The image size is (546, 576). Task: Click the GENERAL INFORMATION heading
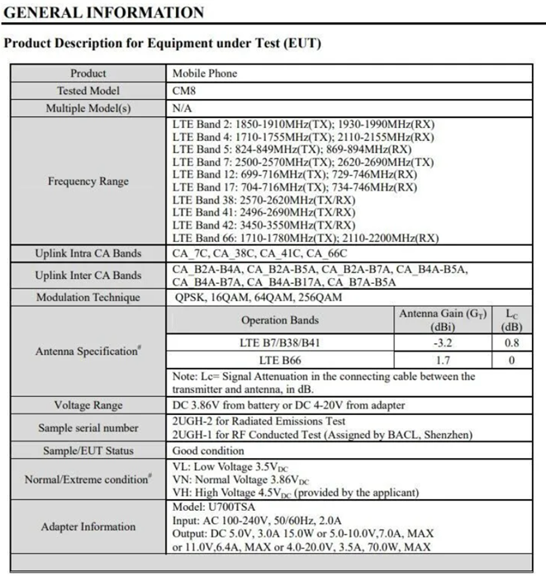coord(103,12)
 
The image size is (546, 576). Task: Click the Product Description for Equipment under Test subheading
coord(163,43)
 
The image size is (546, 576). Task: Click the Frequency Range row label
coord(88,182)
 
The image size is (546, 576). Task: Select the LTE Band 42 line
coord(264,225)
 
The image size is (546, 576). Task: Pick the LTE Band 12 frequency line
coord(295,175)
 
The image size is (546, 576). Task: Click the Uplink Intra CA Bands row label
coord(88,253)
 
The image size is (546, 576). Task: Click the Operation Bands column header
coord(280,319)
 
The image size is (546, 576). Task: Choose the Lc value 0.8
coord(512,342)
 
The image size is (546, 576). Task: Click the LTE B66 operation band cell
coord(280,360)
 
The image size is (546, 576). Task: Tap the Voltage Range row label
coord(88,405)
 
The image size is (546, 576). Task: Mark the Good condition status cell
coord(208,451)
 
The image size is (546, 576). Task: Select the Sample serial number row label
coord(88,427)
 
